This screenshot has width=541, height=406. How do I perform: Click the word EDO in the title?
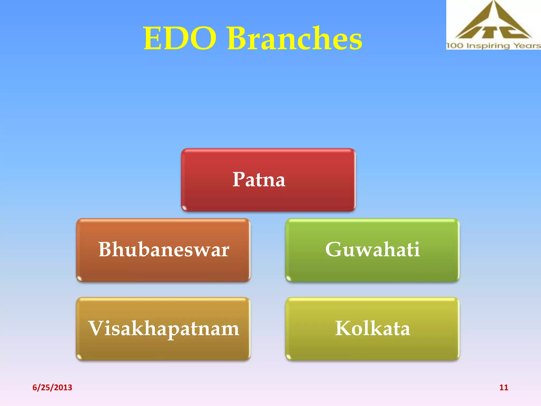pyautogui.click(x=180, y=39)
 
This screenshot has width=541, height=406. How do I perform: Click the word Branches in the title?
pyautogui.click(x=295, y=38)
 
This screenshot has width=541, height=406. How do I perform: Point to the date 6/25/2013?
pyautogui.click(x=52, y=387)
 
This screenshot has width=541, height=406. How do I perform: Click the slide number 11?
pyautogui.click(x=503, y=387)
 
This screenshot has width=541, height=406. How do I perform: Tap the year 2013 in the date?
pyautogui.click(x=63, y=387)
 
